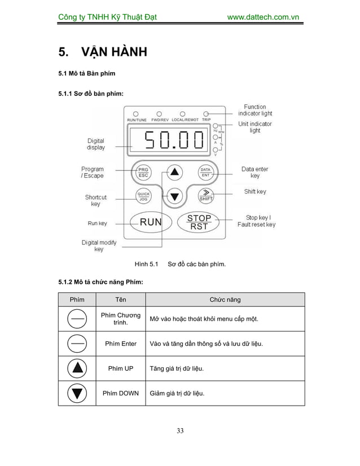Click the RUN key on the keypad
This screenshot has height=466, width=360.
coord(151,222)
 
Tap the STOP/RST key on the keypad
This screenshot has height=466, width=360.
coord(199,222)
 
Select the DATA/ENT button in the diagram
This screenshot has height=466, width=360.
coord(206,172)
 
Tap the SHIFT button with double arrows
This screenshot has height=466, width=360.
coord(205,196)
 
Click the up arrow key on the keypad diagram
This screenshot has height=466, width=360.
coord(175,172)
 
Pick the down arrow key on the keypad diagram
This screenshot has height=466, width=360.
coord(175,196)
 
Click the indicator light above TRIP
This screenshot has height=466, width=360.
coord(206,113)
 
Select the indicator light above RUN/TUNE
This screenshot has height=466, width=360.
coord(136,113)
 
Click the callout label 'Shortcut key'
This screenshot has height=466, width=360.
coord(95,200)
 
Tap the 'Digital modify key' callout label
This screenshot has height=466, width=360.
coord(99,245)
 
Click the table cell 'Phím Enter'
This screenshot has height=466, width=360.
coord(121,344)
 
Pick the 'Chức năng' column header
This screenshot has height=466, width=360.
coord(225,300)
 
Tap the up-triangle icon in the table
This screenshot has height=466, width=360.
coord(77,368)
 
